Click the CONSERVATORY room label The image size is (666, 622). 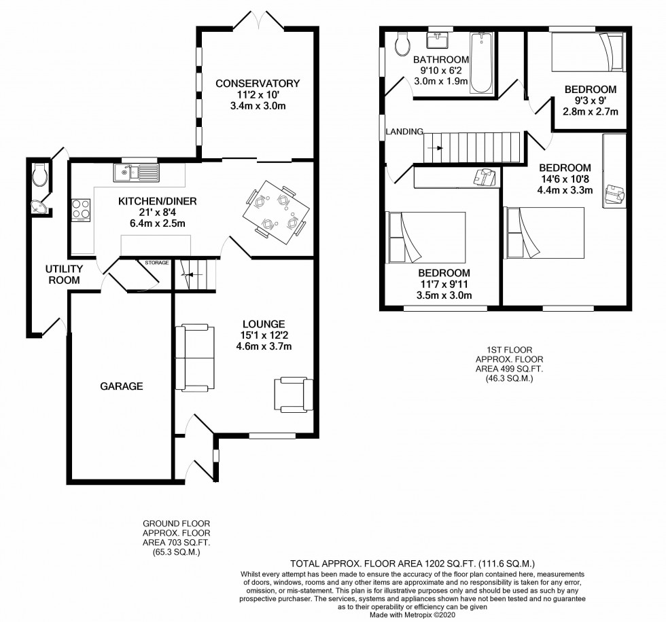click(x=258, y=84)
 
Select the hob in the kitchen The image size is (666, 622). click(x=81, y=208)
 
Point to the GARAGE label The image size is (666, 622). click(x=122, y=386)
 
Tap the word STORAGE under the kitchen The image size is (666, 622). click(x=156, y=261)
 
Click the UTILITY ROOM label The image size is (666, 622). click(x=64, y=274)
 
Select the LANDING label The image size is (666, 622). click(x=404, y=132)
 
